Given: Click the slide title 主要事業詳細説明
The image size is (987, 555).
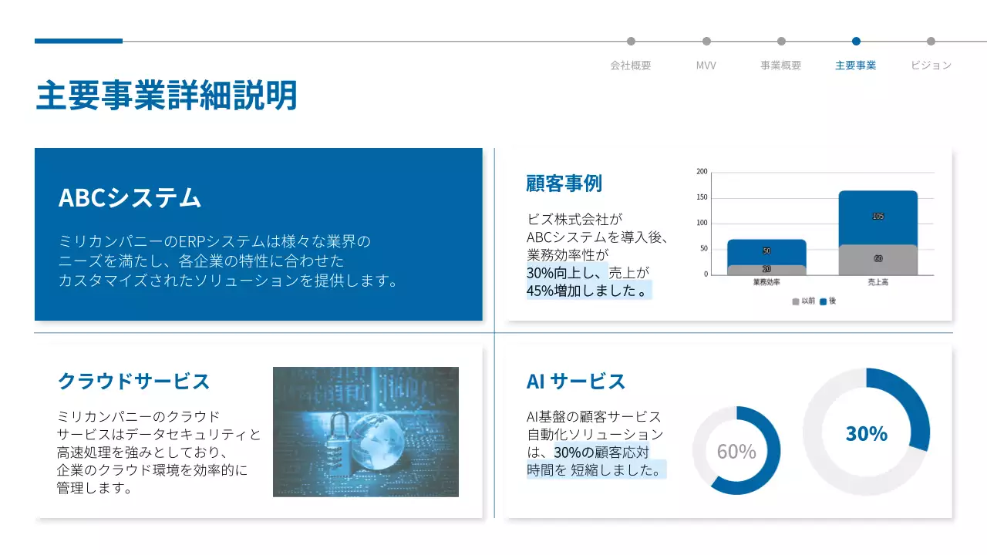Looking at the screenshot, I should click(x=167, y=96).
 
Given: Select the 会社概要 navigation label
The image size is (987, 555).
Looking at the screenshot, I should click(x=631, y=66).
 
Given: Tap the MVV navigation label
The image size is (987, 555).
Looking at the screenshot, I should click(x=706, y=66).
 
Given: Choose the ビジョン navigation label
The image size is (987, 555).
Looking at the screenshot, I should click(x=931, y=66).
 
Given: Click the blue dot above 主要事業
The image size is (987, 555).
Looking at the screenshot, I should click(x=856, y=42).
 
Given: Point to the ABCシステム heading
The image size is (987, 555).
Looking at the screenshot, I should click(x=130, y=197).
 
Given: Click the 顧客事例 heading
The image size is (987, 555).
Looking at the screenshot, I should click(x=564, y=183).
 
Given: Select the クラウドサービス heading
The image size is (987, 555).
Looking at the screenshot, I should click(x=133, y=381).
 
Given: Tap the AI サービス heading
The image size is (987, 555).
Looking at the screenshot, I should click(x=576, y=381).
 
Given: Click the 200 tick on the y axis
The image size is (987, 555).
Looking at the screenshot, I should click(x=702, y=172).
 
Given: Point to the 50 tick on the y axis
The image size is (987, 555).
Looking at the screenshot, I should click(x=703, y=249).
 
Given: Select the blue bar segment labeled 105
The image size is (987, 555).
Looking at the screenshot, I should click(x=878, y=217).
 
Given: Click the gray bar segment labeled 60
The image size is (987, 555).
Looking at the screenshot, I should click(x=878, y=260).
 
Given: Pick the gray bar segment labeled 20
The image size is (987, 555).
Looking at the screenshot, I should click(x=766, y=270).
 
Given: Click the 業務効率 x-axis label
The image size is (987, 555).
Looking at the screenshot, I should click(x=766, y=283).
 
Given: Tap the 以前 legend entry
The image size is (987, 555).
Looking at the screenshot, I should click(x=803, y=301).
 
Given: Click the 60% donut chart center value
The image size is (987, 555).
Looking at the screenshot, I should click(x=736, y=452).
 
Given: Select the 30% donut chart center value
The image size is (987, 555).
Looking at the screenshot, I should click(x=866, y=433).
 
